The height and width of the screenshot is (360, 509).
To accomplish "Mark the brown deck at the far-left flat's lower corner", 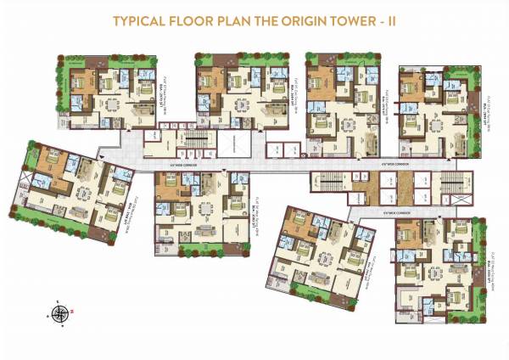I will [x=103, y=234].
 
